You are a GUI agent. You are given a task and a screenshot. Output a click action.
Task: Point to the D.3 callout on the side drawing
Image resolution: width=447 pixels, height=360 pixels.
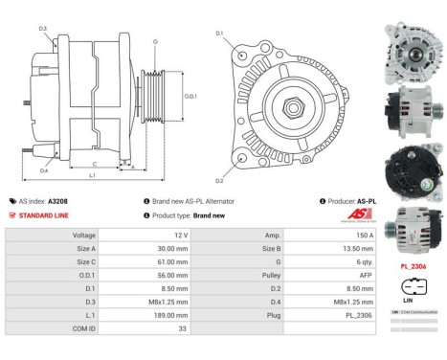point(44,29)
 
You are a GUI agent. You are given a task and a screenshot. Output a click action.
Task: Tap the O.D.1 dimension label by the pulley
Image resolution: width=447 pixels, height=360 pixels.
point(190,97)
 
